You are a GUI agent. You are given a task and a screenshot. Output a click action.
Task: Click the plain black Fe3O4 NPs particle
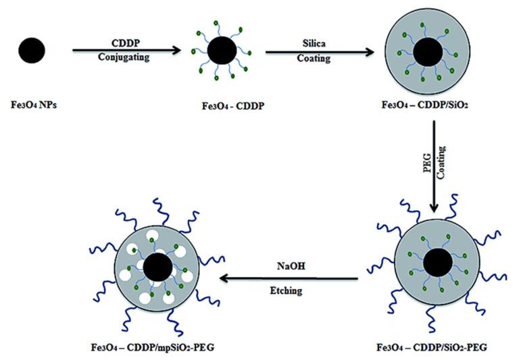click(32, 50)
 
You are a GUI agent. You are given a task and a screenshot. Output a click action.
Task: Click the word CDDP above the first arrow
click(126, 40)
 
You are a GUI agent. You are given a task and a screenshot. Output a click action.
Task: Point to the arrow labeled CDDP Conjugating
click(126, 49)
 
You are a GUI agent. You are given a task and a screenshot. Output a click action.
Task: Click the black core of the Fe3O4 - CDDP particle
click(222, 50)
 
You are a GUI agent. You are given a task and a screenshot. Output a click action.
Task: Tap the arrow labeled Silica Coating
click(316, 50)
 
